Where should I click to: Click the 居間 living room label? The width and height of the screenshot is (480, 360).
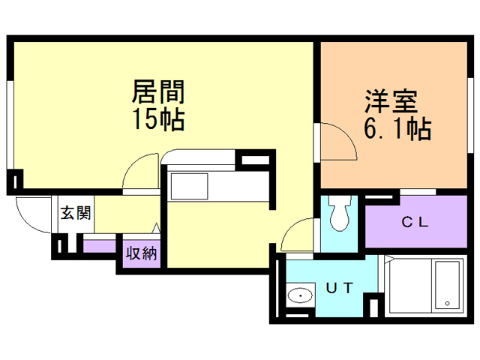pos(158,91)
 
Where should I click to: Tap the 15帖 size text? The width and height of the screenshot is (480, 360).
pos(158,120)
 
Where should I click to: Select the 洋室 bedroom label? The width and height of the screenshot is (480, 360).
pos(391,101)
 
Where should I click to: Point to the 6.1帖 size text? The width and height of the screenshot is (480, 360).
pos(397,128)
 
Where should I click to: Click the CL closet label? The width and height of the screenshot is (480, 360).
pos(415,222)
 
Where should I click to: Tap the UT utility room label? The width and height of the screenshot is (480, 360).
pos(340,288)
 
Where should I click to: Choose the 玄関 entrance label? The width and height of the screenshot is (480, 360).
pos(76,213)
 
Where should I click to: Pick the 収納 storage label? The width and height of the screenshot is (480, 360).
pos(142,253)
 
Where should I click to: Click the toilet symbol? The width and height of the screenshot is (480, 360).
pos(340,213)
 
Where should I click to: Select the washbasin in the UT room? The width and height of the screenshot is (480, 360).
pos(300,295)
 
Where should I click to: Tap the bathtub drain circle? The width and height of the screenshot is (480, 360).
pos(447,303)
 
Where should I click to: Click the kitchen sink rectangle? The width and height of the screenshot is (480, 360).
pos(189,187)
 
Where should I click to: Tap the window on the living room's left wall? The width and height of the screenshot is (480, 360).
pos(10,124)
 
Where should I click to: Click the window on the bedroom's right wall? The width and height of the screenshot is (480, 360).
pos(470,115)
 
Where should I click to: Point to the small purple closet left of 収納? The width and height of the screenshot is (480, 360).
pos(100,247)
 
